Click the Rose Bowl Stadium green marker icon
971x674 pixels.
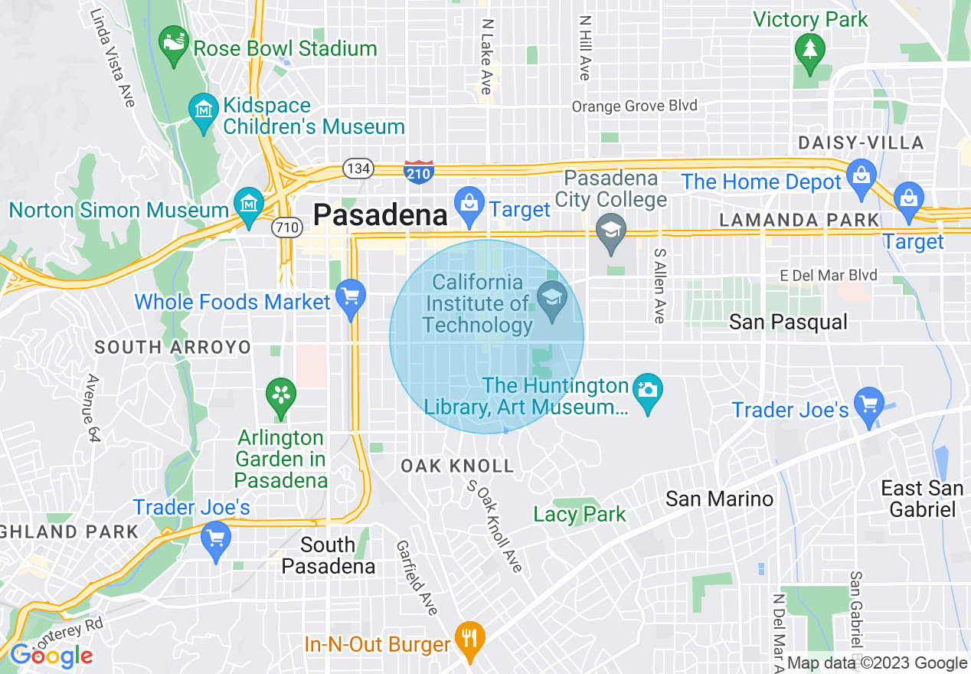174,45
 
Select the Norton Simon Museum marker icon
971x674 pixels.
250,206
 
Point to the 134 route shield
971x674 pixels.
358,168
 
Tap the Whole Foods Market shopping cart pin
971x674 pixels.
351,299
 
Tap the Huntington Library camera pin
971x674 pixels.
648,392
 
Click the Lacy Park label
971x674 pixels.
580,514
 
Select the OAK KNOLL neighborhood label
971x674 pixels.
457,466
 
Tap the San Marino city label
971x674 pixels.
719,499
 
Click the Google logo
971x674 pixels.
51,656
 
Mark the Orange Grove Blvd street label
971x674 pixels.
635,106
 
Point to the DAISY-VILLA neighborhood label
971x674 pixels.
861,142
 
